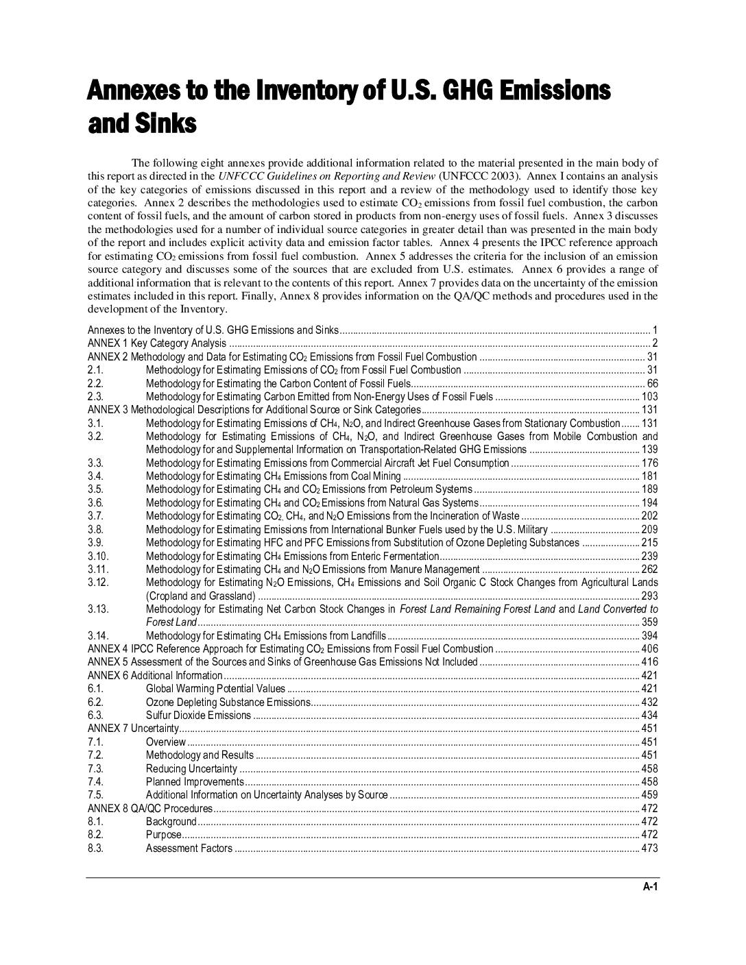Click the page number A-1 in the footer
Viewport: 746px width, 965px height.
point(650,887)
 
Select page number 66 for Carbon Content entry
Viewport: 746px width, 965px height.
point(652,383)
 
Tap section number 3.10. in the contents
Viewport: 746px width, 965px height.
point(98,556)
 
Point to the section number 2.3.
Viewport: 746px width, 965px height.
point(95,396)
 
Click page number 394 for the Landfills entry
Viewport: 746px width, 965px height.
point(649,635)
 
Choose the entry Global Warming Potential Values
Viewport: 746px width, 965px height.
point(215,688)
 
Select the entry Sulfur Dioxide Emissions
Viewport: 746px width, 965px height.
point(198,715)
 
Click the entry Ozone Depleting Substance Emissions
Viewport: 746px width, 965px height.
point(228,702)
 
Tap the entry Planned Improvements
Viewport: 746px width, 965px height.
point(194,781)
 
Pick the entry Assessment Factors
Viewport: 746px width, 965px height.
point(189,848)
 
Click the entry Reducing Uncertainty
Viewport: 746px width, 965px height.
point(191,768)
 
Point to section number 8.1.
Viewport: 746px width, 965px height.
point(95,821)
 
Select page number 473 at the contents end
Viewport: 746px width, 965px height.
point(649,848)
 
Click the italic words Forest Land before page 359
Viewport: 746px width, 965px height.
point(171,622)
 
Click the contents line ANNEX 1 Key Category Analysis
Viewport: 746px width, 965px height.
point(157,343)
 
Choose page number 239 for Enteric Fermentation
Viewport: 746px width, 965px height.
point(649,556)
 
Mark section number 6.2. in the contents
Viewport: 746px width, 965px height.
point(95,702)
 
